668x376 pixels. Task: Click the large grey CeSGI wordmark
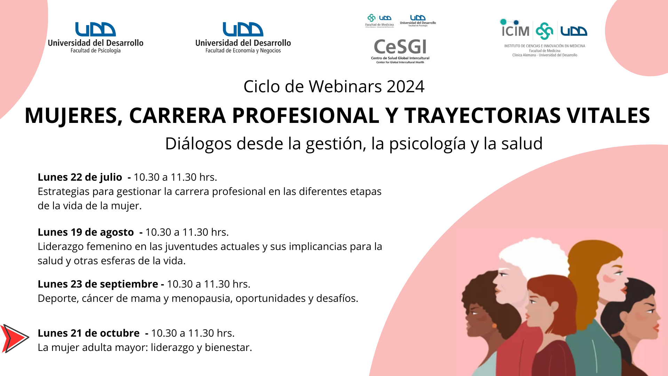400,47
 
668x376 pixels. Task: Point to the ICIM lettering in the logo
515,31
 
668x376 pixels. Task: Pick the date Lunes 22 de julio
80,177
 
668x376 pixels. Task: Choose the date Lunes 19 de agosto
86,232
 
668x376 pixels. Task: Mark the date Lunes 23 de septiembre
98,284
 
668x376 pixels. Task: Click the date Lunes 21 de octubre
89,333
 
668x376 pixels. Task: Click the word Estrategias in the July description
63,192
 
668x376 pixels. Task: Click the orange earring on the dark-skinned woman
494,326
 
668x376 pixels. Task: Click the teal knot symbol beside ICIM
544,31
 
